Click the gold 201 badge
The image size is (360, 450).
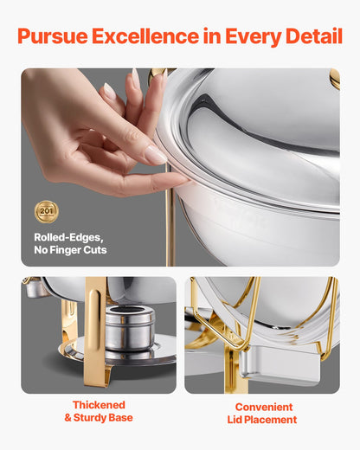coord(46,211)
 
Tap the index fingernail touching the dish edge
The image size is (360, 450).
coord(156,156)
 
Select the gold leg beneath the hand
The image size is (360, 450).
coord(170,229)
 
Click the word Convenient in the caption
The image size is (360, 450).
coord(263,407)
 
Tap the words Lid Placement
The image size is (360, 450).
coord(263,420)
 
